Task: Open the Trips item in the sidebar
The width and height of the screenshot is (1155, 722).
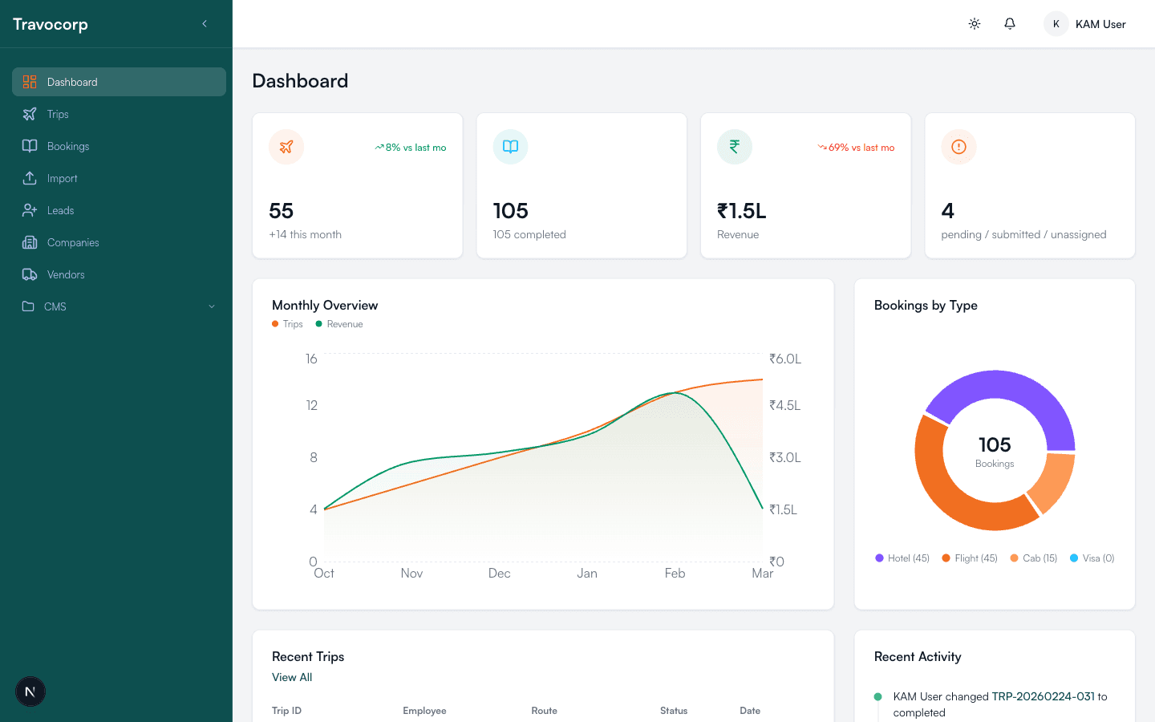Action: [58, 114]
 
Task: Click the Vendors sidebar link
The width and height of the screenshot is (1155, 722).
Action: [65, 274]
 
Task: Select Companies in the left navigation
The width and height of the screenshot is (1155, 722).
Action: [72, 242]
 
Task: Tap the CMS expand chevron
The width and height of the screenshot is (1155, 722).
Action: [212, 306]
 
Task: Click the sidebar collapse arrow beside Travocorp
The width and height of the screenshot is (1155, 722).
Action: [205, 24]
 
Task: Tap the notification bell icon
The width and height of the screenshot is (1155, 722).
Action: [1010, 24]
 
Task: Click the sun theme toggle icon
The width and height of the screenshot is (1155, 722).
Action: [975, 24]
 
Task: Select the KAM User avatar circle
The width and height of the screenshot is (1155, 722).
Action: [1056, 24]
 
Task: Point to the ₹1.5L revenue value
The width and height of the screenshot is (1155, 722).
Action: [741, 211]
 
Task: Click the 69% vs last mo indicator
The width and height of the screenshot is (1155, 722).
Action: [856, 148]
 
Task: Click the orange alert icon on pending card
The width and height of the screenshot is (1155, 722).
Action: [958, 147]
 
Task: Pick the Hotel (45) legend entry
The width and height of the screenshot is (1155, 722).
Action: [902, 558]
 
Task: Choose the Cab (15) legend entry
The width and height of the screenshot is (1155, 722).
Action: [1034, 558]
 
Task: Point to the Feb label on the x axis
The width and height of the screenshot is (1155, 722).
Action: [675, 573]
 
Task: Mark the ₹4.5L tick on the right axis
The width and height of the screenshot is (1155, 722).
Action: [784, 406]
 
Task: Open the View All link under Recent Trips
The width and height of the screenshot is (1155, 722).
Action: [292, 677]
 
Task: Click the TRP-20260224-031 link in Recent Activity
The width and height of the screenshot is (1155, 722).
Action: [1043, 696]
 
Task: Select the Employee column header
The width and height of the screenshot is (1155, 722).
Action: [424, 711]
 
